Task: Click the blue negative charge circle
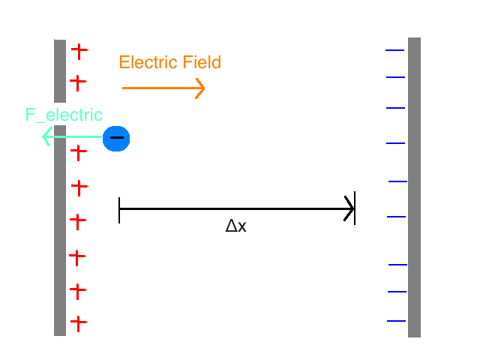(116, 138)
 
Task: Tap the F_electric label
(64, 115)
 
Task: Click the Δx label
(235, 226)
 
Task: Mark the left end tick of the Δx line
(119, 210)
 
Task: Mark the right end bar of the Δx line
(355, 208)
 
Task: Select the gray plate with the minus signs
(414, 187)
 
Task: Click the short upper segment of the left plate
(60, 70)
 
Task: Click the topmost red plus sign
(79, 51)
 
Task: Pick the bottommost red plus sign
(79, 323)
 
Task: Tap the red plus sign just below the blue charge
(79, 152)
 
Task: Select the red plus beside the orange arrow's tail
(78, 81)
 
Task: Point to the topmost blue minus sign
(395, 50)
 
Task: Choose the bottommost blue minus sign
(397, 321)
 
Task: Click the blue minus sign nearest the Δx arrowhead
(396, 217)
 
